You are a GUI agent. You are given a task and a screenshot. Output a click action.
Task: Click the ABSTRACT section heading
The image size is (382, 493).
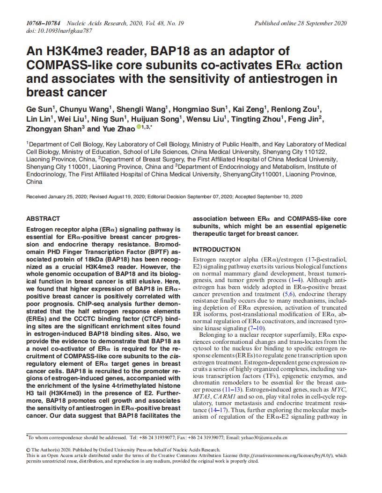[43, 218]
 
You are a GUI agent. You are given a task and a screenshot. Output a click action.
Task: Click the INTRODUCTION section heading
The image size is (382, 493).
[217, 249]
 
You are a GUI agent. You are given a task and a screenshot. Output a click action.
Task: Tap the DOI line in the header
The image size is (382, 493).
[59, 31]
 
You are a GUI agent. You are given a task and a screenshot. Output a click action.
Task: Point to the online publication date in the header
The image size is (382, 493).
[300, 23]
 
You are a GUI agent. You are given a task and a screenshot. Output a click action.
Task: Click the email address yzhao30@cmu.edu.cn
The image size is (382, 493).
[264, 438]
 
